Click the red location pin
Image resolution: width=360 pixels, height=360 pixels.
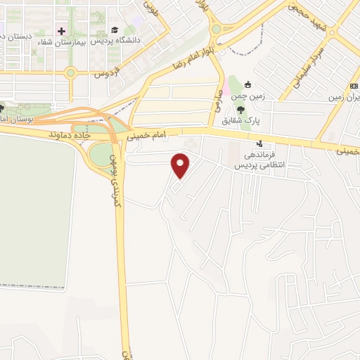pos(181,165)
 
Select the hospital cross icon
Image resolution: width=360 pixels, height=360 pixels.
pos(62,31)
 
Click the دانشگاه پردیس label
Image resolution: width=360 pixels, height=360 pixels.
pos(141,40)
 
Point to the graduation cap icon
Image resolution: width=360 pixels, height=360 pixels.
pos(114,30)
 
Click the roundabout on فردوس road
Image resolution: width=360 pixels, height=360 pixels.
pos(70,72)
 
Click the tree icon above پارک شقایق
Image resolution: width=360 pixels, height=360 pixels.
pos(241,109)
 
